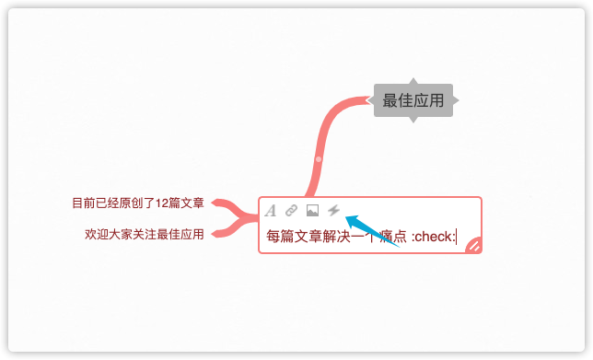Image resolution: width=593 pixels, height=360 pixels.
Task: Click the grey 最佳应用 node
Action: (413, 100)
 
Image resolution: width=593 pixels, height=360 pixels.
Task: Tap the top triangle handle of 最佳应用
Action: (413, 81)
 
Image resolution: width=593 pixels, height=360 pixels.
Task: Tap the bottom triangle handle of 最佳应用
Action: (413, 120)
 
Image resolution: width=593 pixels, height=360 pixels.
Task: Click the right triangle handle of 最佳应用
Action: (454, 100)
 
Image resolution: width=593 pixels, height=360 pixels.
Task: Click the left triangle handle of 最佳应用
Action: (371, 100)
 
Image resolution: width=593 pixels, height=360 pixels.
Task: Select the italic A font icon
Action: (271, 211)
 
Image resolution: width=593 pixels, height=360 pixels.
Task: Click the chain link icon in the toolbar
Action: (291, 211)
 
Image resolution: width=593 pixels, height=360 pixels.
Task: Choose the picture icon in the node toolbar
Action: (312, 211)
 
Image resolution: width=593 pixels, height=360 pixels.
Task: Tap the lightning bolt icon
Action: (333, 211)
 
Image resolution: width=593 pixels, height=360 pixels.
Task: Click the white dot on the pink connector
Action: (318, 160)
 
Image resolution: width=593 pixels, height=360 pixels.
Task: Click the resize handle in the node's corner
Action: (474, 244)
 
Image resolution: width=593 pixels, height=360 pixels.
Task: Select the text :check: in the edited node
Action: (433, 237)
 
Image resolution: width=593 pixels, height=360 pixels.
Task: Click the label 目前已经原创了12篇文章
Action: (138, 203)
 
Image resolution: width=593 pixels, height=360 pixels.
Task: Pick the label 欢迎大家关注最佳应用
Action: (144, 234)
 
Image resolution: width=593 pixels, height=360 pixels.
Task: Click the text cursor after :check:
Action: (456, 237)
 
